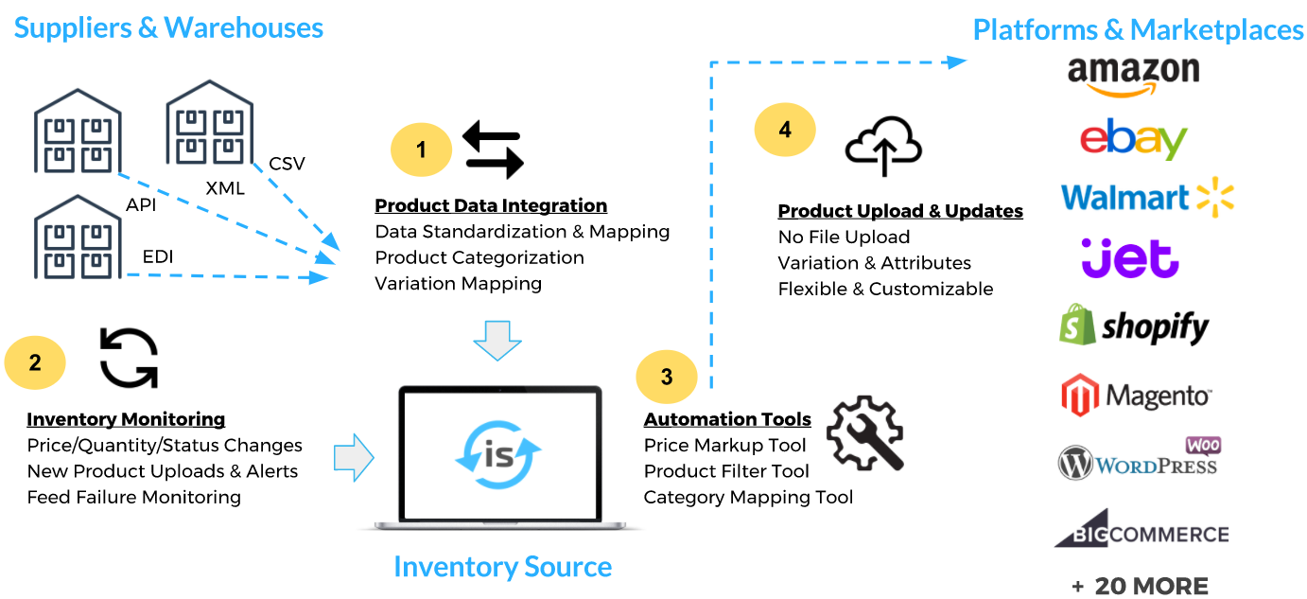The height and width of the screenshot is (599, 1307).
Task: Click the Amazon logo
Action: pos(1133,77)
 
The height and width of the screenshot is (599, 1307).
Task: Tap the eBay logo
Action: pos(1133,140)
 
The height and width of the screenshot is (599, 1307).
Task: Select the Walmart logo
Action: pos(1147,197)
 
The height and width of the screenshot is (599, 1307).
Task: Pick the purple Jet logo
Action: pos(1130,258)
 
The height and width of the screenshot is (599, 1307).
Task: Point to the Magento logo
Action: pos(1135,396)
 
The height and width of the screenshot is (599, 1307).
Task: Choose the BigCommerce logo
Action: pos(1141,530)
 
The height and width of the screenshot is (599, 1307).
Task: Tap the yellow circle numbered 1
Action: pos(422,150)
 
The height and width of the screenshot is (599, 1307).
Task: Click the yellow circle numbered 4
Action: pos(785,130)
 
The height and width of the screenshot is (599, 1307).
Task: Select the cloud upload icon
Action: pos(882,147)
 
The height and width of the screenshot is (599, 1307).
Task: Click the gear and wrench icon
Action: pos(864,433)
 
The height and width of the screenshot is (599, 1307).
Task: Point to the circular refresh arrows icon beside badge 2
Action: pos(129,358)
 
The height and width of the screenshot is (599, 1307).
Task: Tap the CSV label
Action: pos(287,164)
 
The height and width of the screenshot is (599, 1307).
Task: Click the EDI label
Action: pos(158,255)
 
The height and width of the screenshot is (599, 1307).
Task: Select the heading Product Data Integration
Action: pos(491,205)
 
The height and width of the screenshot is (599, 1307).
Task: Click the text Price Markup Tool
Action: pos(724,445)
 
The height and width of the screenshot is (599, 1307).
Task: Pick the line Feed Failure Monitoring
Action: pos(133,497)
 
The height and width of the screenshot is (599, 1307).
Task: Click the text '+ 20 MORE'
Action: pos(1140,586)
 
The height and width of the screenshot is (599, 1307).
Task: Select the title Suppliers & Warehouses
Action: pos(168,27)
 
